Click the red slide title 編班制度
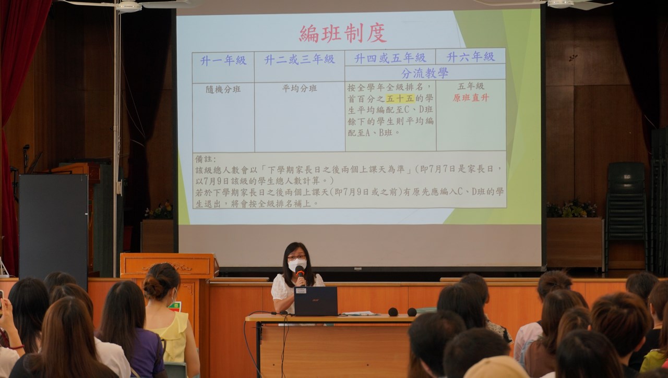[x=343, y=34]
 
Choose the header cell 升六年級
[x=471, y=57]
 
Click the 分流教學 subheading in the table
[x=425, y=73]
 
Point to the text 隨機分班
[x=223, y=89]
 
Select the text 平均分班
[x=300, y=89]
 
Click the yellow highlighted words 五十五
[x=400, y=99]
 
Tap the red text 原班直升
[x=471, y=97]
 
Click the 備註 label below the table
[x=206, y=159]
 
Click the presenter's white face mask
[x=297, y=265]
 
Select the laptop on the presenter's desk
[x=316, y=301]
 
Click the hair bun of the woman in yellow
[x=153, y=287]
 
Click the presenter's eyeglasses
[x=296, y=257]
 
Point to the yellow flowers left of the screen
[x=160, y=210]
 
